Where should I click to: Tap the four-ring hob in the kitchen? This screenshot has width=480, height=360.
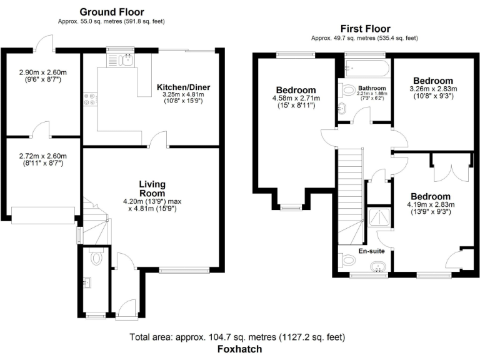[x=89, y=99]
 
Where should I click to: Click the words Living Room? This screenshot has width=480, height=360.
[x=152, y=188]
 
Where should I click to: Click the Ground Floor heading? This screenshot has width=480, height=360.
[x=112, y=12]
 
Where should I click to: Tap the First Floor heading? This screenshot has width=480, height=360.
[x=365, y=29]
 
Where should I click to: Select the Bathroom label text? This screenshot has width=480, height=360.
[x=371, y=88]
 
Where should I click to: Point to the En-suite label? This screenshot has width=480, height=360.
[x=371, y=251]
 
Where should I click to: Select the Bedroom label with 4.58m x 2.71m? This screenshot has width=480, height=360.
[x=296, y=90]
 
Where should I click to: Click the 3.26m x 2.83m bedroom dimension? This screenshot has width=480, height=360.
[x=432, y=89]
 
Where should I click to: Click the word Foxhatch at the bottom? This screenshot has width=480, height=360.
[x=239, y=349]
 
